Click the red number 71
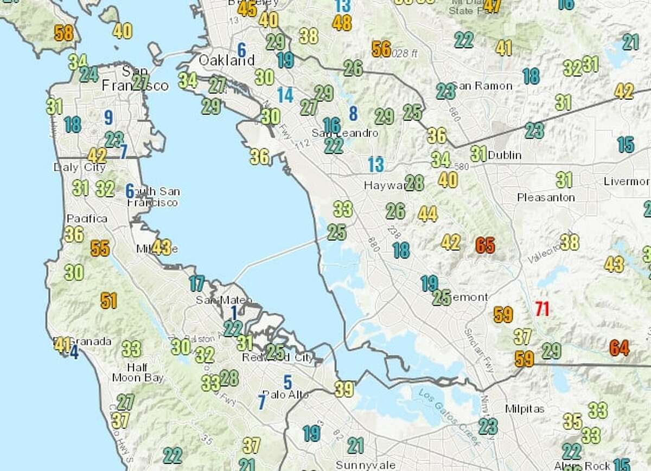tap(542, 309)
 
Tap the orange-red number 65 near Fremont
tap(485, 245)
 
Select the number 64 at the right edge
tap(619, 347)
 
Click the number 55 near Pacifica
tap(100, 248)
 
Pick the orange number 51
tap(108, 300)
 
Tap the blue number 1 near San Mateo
tap(233, 313)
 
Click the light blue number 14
tap(285, 95)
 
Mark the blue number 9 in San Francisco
tap(108, 117)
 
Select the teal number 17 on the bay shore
tap(196, 283)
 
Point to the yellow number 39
tap(344, 389)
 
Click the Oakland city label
tap(226, 60)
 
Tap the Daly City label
tap(79, 167)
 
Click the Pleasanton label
tap(546, 197)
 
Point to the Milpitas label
tap(524, 409)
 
